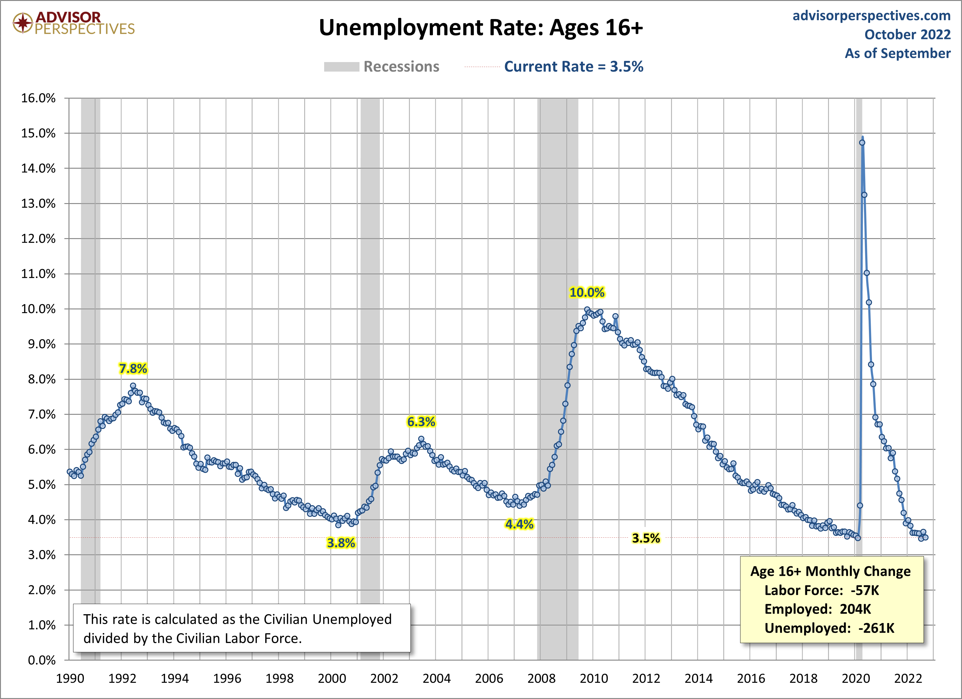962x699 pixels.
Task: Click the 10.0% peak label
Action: click(587, 292)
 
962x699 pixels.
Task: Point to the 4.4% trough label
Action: click(519, 524)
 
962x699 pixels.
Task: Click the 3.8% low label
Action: click(341, 543)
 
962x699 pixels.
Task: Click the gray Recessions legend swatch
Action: click(341, 67)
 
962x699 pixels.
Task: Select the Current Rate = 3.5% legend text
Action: click(573, 67)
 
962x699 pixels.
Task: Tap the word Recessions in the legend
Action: click(401, 67)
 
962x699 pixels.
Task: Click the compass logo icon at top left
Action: click(22, 23)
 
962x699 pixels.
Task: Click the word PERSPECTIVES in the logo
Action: click(84, 29)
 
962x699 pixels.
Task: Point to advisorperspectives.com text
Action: click(871, 16)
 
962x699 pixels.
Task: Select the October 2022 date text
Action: click(907, 35)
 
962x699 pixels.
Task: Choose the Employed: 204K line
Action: click(817, 609)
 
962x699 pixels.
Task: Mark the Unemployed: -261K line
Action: click(829, 628)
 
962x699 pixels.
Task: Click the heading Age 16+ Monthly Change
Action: click(830, 571)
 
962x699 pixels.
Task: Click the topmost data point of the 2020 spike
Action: click(862, 143)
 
